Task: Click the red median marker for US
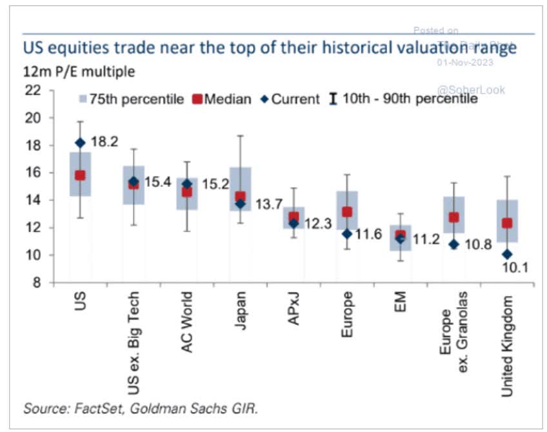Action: click(x=79, y=175)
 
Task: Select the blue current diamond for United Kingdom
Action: click(x=508, y=255)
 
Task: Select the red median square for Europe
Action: click(x=347, y=211)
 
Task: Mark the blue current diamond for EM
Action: click(x=401, y=239)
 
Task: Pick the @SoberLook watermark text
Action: click(x=472, y=90)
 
